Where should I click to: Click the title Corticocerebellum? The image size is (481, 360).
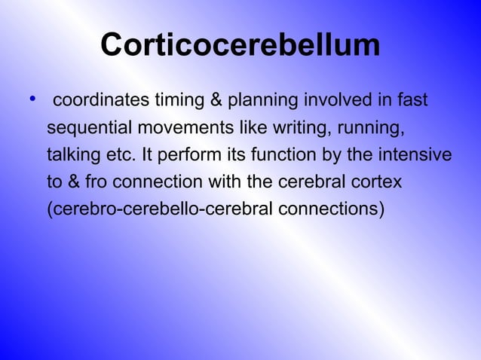pos(240,46)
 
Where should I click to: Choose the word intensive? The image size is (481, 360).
pos(413,155)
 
